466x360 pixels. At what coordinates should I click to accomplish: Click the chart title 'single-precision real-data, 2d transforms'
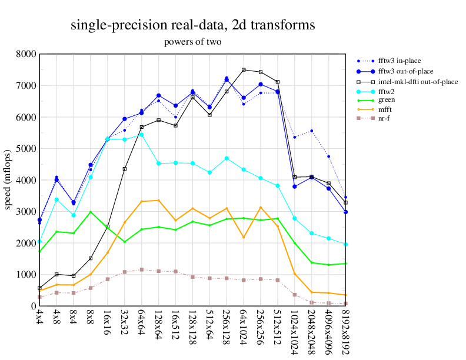point(192,25)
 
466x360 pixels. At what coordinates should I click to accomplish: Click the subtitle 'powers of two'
point(192,42)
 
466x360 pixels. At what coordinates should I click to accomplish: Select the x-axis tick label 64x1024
point(244,329)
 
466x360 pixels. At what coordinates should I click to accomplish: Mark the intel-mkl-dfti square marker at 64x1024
point(244,70)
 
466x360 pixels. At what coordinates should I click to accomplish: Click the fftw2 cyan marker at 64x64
point(141,135)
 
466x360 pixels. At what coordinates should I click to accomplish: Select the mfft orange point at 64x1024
point(244,237)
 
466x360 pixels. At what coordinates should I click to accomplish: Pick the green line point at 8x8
point(91,212)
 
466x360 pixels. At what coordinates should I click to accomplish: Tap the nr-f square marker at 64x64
point(141,269)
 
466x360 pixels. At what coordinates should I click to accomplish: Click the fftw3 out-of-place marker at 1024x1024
point(295,186)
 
